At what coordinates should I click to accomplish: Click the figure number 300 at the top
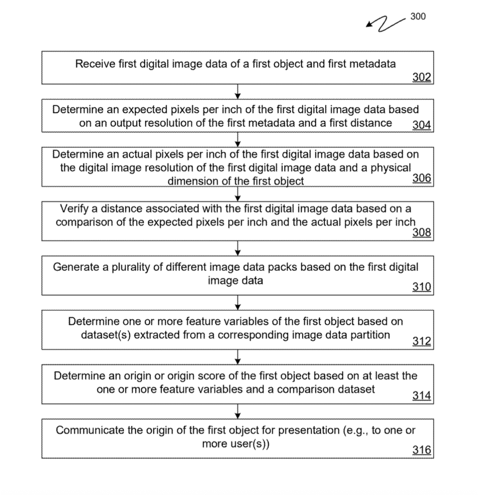(x=418, y=16)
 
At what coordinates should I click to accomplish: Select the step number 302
(x=421, y=77)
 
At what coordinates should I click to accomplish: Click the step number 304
(x=421, y=125)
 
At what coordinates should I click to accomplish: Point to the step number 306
(x=421, y=178)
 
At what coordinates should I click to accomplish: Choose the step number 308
(x=421, y=233)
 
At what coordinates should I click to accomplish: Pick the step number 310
(x=421, y=288)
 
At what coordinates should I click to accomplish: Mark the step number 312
(x=421, y=342)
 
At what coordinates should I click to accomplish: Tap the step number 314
(x=421, y=396)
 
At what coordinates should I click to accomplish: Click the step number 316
(x=421, y=451)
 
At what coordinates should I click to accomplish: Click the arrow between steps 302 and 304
(x=238, y=91)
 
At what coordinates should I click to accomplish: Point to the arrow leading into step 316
(x=238, y=412)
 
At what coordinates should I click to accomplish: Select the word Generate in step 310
(x=73, y=267)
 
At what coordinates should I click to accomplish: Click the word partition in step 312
(x=372, y=335)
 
